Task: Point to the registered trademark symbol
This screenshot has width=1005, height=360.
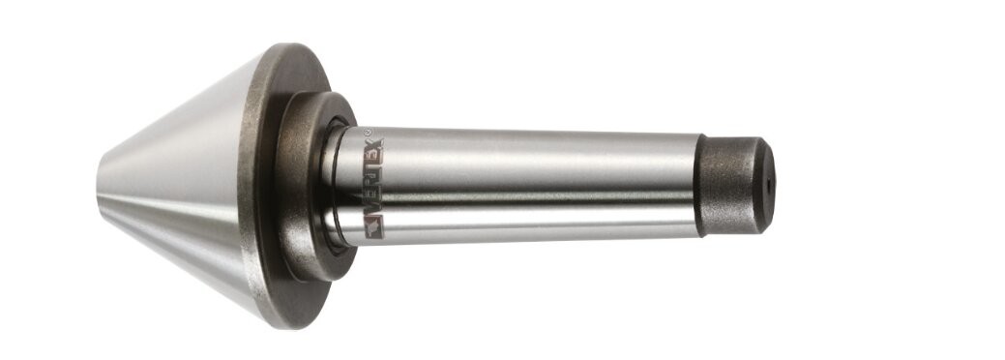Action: point(368,133)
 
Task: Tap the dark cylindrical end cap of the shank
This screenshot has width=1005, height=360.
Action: point(734,185)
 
